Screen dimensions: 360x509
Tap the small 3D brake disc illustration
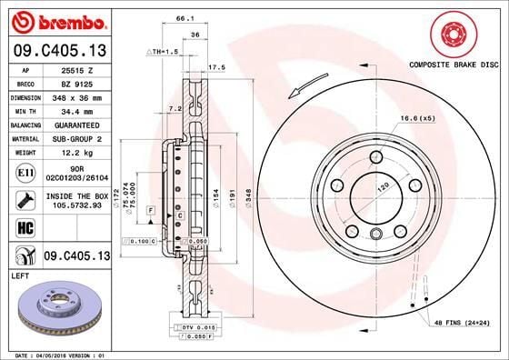click(x=59, y=308)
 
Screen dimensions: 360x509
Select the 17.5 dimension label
click(x=216, y=67)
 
